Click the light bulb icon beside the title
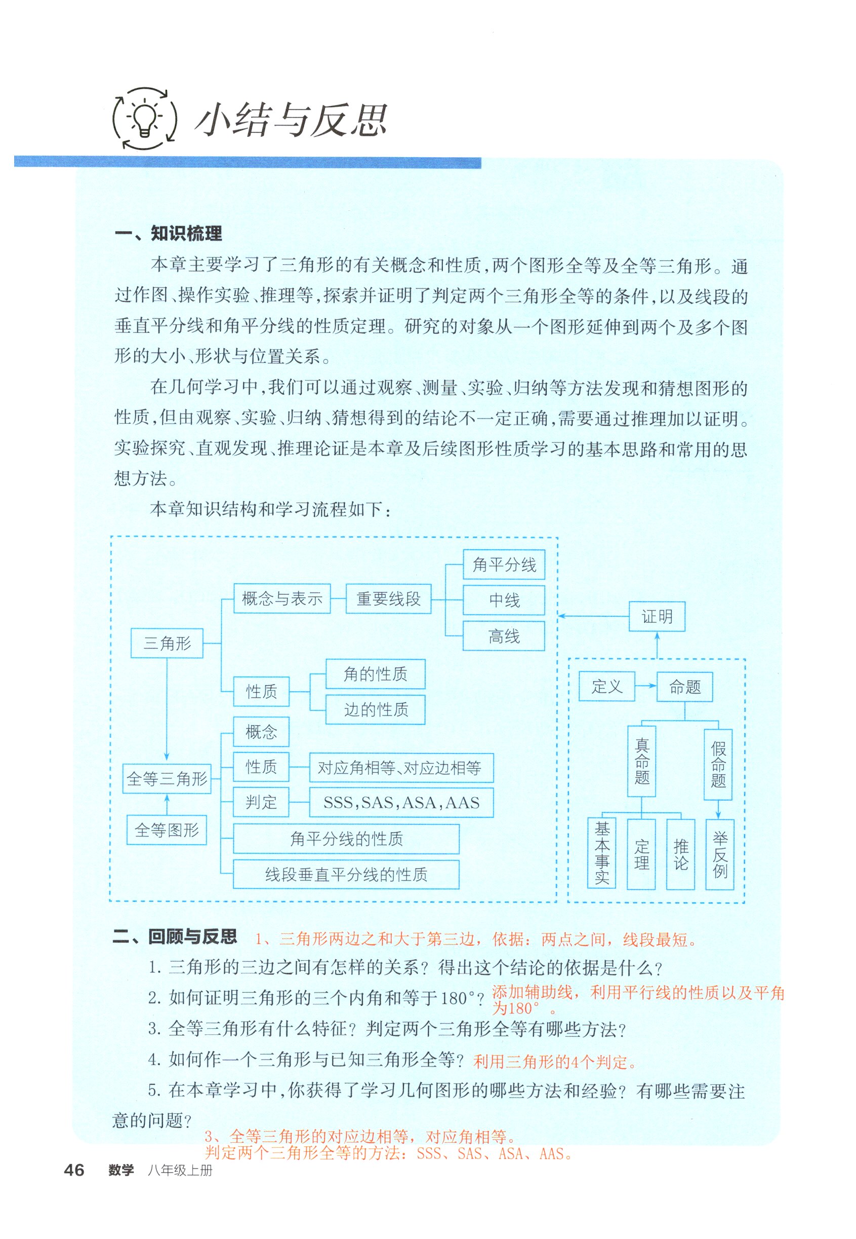144,118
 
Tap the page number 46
74,1170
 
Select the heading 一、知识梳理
168,234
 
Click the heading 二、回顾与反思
175,937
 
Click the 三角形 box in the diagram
167,643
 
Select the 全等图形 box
167,830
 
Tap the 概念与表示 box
282,598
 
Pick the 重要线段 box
388,598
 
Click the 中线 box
504,600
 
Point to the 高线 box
504,636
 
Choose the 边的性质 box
376,709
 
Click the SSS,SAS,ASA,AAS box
401,803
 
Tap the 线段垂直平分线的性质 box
346,875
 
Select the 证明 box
657,616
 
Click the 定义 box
606,686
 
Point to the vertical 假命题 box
718,765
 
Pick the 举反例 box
720,854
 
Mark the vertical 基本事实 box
602,853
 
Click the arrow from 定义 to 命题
646,686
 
